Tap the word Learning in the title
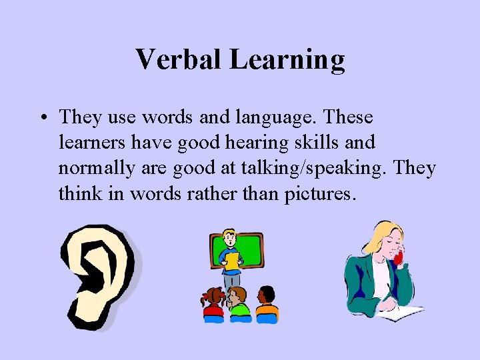[287, 60]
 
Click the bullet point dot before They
[43, 119]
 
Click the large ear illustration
[97, 273]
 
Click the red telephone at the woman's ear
[399, 257]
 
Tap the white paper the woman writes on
[403, 311]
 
